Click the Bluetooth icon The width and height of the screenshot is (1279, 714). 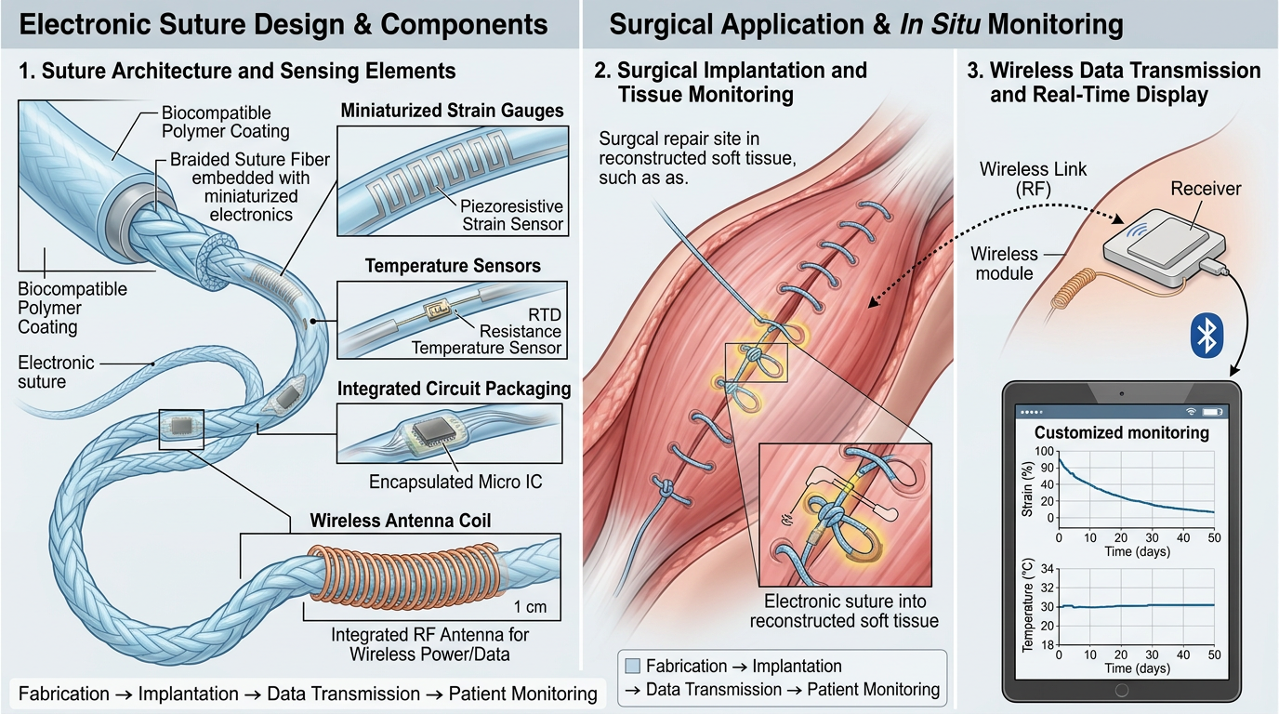coord(1206,336)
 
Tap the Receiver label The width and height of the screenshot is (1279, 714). coord(1206,189)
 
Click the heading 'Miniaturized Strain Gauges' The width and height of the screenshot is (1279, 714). coord(452,111)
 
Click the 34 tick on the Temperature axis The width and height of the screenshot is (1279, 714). coord(1048,569)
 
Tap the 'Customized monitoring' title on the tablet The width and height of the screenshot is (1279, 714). coord(1122,432)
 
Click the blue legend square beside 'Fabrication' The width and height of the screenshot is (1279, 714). coord(633,666)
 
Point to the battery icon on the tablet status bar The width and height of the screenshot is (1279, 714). coord(1212,411)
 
